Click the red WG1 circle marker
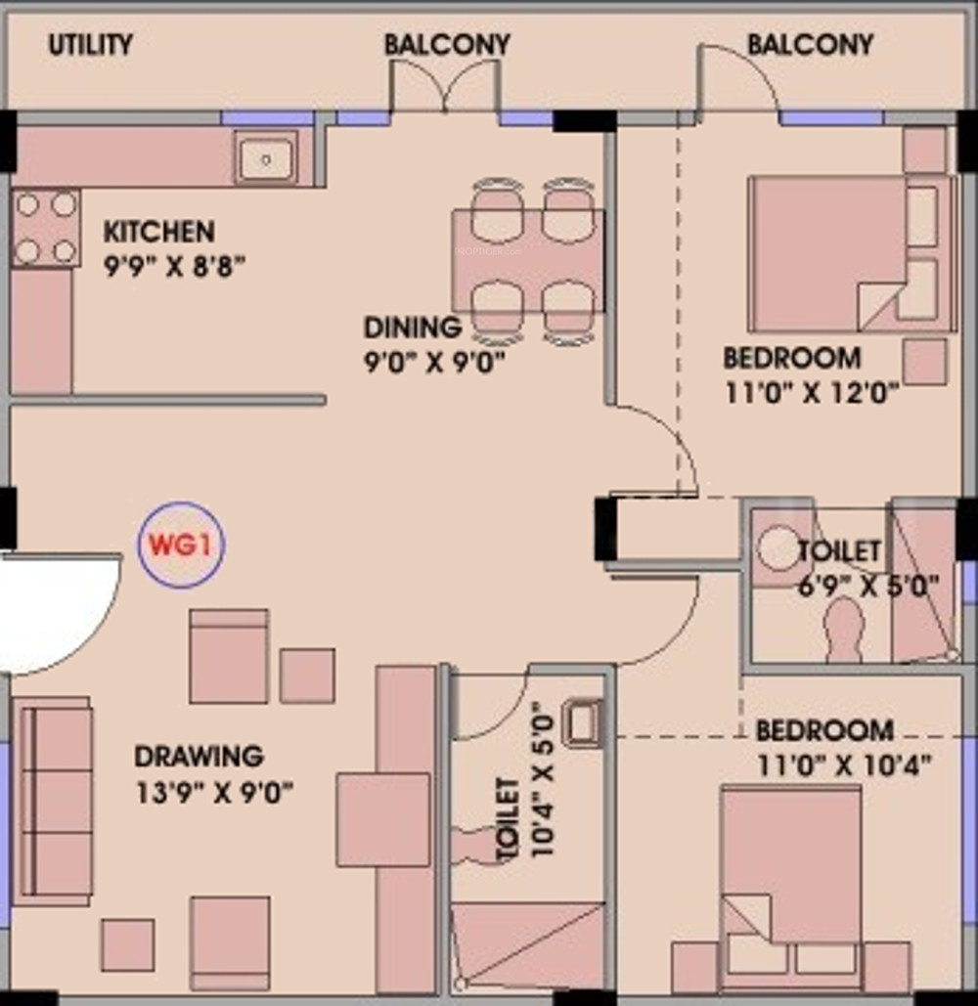182,545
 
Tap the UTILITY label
91,45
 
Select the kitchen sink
266,157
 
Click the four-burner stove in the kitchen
46,228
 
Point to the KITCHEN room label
159,232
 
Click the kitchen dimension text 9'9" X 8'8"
174,265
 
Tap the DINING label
413,328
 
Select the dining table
527,261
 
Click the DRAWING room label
199,757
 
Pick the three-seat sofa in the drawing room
53,801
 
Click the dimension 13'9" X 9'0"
214,793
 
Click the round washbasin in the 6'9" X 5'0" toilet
778,548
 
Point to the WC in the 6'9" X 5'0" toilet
845,630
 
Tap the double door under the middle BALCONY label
445,87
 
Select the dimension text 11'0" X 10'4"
844,765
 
